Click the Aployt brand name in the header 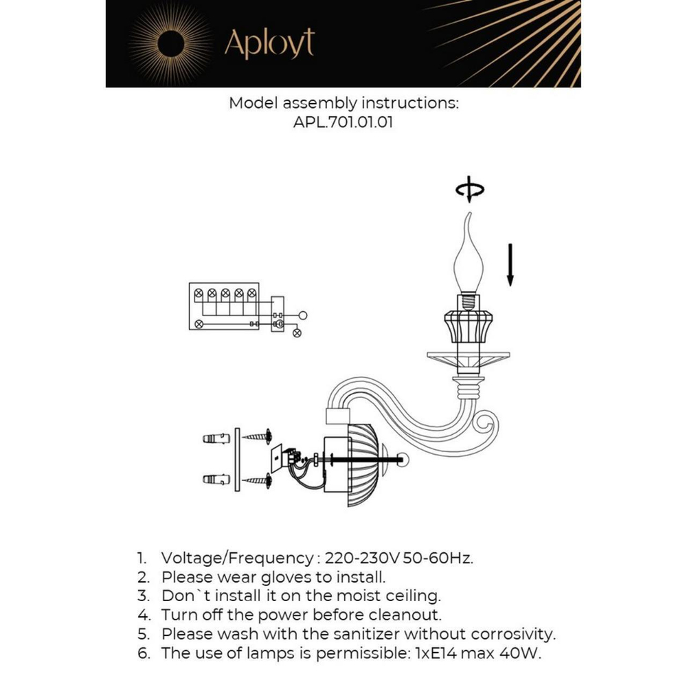[269, 43]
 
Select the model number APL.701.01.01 [343, 123]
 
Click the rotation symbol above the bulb [470, 191]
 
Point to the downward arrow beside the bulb [510, 264]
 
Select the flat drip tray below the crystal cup [469, 358]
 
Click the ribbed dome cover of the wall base [365, 465]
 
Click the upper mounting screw [260, 436]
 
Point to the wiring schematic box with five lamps [224, 306]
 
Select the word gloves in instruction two [289, 576]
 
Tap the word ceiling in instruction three [409, 595]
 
